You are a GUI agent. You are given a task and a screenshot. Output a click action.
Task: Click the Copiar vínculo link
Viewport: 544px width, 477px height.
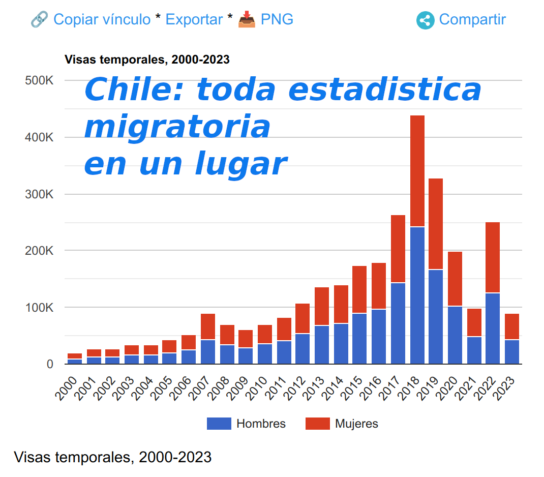(102, 19)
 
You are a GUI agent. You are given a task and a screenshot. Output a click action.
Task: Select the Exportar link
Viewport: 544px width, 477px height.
(194, 19)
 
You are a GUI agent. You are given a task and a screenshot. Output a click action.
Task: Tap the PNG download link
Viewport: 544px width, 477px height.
(277, 19)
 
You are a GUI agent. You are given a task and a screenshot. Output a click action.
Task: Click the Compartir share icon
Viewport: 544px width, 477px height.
(425, 20)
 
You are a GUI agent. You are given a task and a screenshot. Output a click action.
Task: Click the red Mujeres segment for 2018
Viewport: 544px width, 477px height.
(417, 170)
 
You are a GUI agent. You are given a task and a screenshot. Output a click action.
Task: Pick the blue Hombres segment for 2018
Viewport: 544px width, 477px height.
(417, 295)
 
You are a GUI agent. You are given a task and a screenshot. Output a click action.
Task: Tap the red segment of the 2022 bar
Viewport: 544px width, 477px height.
(493, 257)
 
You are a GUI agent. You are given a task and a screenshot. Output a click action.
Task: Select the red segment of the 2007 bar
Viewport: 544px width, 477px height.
(208, 326)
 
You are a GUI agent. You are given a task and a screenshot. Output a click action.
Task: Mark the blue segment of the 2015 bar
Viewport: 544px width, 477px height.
(359, 338)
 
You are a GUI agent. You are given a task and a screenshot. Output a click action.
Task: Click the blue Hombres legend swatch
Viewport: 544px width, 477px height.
(219, 424)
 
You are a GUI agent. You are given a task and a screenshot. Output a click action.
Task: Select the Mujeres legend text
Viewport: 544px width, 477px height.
(356, 424)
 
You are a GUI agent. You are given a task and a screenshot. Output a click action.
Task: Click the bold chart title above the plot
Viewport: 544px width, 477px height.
(147, 59)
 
